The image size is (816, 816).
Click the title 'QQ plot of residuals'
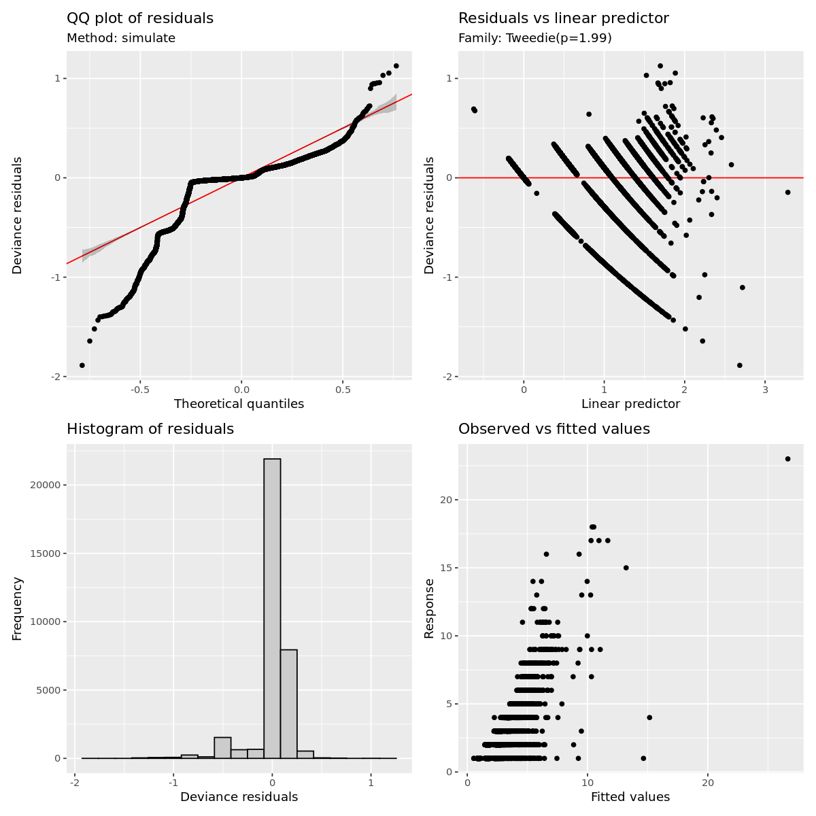(140, 18)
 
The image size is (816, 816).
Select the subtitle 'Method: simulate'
(121, 38)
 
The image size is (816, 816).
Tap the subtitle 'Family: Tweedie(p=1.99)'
(535, 38)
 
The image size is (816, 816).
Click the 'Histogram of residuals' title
(150, 429)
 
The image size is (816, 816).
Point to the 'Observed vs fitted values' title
(554, 429)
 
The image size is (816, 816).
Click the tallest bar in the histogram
(272, 609)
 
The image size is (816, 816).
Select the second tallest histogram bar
(289, 704)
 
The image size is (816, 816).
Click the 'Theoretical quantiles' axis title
(239, 404)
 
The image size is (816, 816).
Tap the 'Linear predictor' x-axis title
(630, 404)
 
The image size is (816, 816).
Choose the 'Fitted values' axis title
(630, 797)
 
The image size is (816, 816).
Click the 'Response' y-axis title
(429, 609)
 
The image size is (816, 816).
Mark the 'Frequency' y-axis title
(18, 609)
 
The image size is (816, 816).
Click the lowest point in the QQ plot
(82, 365)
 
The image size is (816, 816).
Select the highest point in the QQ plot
(396, 66)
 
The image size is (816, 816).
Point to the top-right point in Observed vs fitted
(787, 459)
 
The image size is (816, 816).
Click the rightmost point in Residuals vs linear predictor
(787, 192)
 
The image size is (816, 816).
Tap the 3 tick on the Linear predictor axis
(764, 391)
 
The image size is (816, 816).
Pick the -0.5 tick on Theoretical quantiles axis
(140, 391)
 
